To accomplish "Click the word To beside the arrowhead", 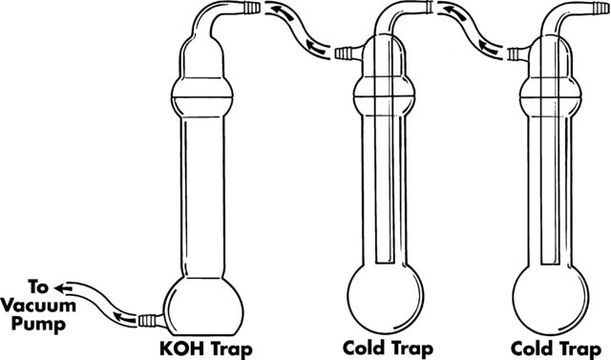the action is pos(38,287).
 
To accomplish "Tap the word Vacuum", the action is pos(38,306).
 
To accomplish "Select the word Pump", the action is pos(38,324).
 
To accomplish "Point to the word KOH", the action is pos(181,349).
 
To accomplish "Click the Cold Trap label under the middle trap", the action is pos(388,348).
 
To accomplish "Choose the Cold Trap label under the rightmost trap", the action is pos(556,349).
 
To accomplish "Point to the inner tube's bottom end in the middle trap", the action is pos(386,262).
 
